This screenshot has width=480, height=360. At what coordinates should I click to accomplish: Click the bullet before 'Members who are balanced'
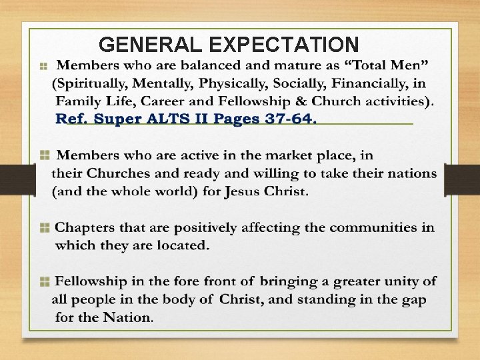[43, 67]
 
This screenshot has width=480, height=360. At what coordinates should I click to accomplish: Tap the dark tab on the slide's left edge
[17, 180]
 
